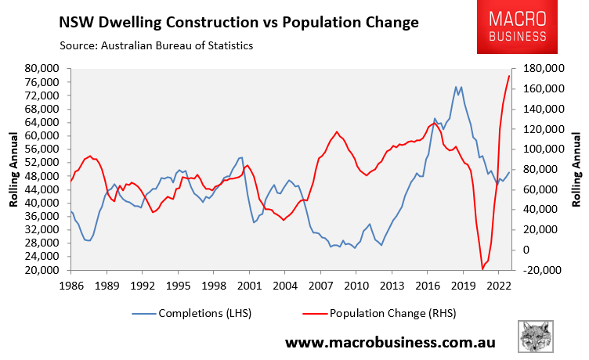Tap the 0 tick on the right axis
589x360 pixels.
(525, 250)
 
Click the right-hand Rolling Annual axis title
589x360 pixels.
(577, 169)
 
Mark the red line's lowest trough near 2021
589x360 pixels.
(482, 269)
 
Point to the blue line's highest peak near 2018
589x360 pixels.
(457, 86)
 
